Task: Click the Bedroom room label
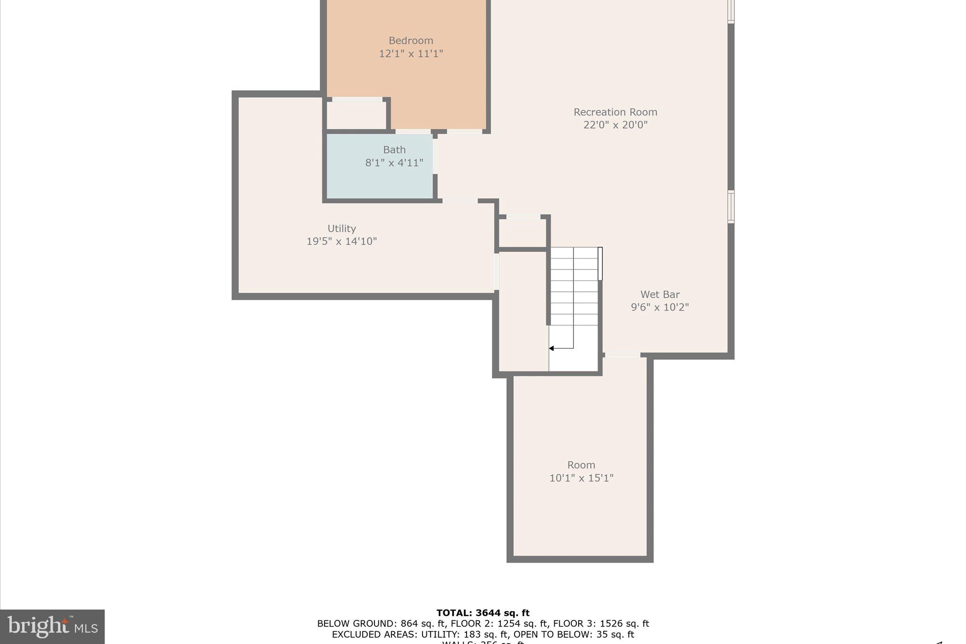(410, 41)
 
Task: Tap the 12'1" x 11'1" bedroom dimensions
(410, 54)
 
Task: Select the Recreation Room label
(615, 112)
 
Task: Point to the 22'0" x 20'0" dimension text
(615, 125)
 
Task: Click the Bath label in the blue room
(394, 150)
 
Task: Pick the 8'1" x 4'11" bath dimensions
(394, 163)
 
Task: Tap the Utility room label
(341, 229)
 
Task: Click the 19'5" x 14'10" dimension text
(341, 242)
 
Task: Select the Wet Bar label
(659, 294)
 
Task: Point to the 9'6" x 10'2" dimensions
(659, 307)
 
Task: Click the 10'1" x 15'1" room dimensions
(581, 478)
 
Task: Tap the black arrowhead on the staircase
(551, 348)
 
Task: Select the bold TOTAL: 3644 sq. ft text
(483, 613)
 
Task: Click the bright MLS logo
(52, 627)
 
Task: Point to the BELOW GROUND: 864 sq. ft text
(380, 624)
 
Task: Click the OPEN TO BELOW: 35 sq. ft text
(574, 635)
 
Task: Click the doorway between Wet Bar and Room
(622, 355)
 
